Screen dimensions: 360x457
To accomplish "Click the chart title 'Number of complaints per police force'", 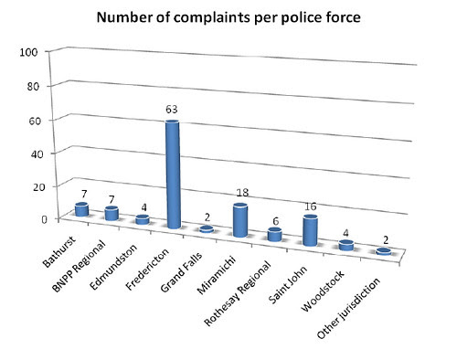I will (229, 17).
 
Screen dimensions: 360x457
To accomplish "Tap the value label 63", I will (173, 110).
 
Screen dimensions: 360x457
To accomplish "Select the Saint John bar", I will (311, 230).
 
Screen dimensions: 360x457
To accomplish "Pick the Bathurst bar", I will (82, 209).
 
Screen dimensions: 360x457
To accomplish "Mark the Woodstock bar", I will (345, 245).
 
